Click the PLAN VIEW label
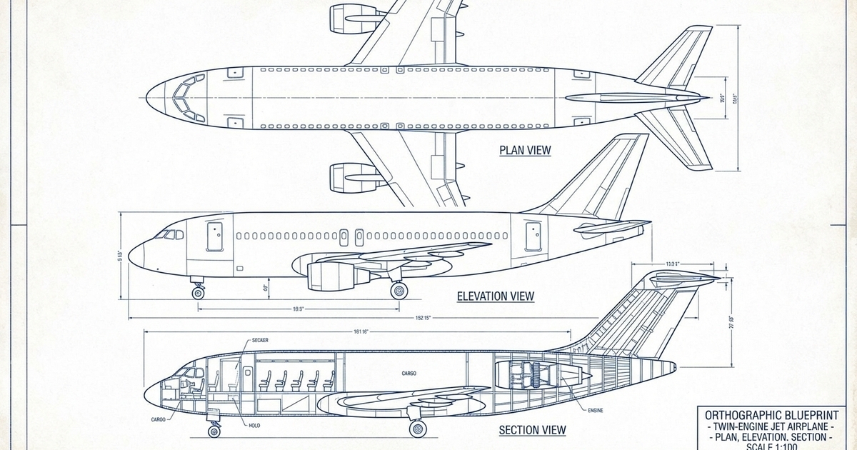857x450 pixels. click(x=525, y=150)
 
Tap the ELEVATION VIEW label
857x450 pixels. click(x=496, y=296)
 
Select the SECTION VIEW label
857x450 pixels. click(x=532, y=430)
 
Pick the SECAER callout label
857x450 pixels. click(x=260, y=341)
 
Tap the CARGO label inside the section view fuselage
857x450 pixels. click(x=409, y=374)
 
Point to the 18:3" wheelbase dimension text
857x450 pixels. click(x=299, y=309)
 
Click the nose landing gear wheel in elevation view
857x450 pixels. click(x=198, y=293)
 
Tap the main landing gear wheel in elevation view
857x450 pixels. click(x=399, y=290)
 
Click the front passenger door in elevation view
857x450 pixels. click(x=214, y=236)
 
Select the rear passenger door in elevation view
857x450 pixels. click(x=533, y=236)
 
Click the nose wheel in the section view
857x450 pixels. click(x=214, y=431)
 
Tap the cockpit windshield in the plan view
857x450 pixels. click(x=184, y=101)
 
